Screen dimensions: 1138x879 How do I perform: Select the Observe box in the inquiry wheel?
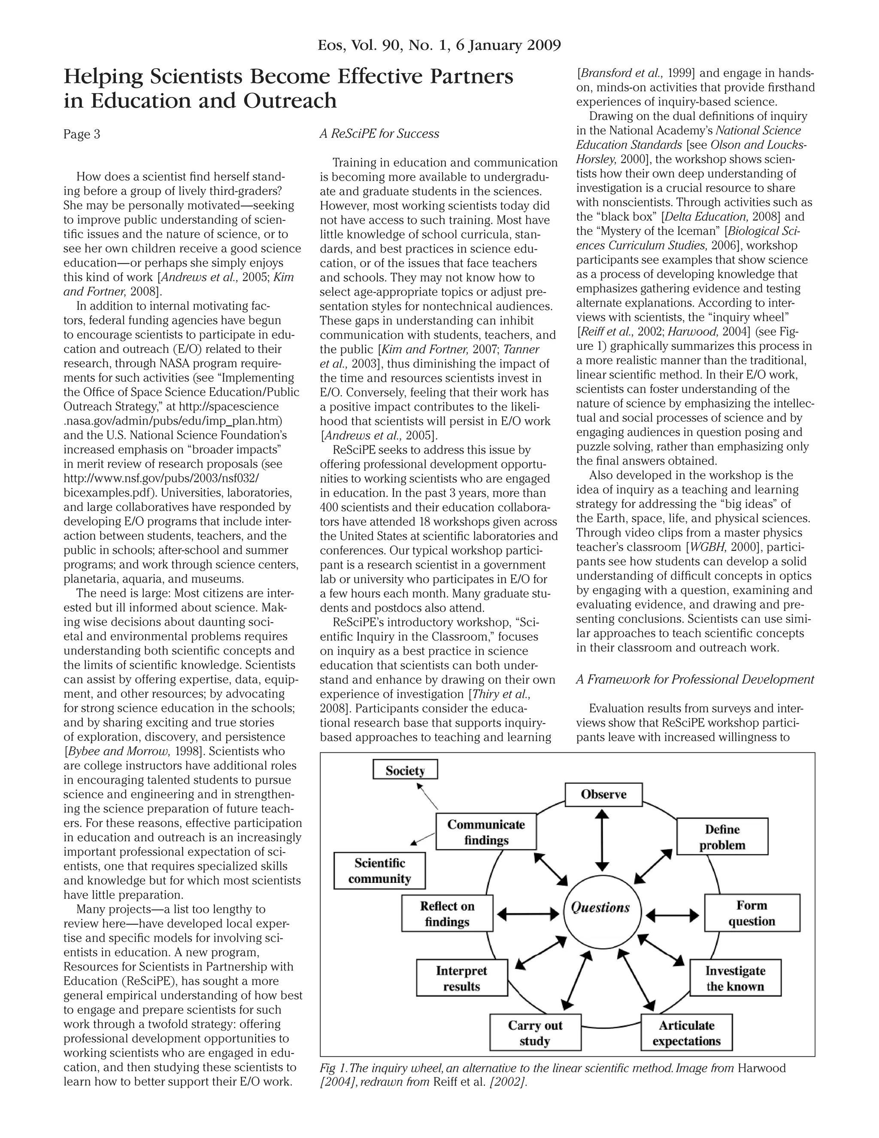[x=603, y=794]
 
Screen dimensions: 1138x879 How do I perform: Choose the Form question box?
[x=752, y=913]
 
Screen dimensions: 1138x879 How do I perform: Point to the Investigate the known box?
[x=735, y=978]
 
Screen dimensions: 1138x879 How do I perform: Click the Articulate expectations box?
[x=686, y=1033]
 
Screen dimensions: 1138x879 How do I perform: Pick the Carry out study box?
[x=535, y=1033]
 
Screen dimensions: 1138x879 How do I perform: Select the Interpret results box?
[x=461, y=978]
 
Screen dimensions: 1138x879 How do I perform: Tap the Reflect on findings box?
[x=447, y=913]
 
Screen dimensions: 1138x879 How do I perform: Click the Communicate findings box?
[x=486, y=832]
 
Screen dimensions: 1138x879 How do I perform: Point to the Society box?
[x=405, y=770]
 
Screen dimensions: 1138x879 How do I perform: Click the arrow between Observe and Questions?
[x=603, y=840]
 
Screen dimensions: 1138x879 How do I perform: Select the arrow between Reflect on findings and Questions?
[x=528, y=913]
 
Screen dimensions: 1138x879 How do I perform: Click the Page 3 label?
[x=82, y=134]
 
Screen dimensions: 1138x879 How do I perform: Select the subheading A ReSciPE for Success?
[x=379, y=134]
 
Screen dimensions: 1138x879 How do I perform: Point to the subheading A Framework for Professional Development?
[x=695, y=679]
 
